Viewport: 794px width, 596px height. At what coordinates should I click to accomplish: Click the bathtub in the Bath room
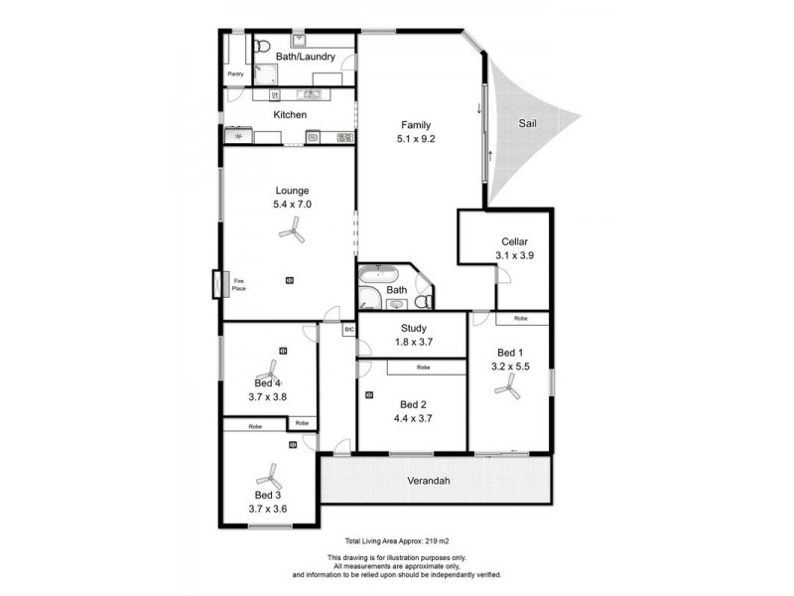tap(378, 274)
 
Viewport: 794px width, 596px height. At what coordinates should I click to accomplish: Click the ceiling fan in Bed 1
tap(509, 392)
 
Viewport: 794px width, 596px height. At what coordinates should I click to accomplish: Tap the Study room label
tap(413, 329)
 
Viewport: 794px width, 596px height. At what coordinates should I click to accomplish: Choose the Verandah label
tap(429, 481)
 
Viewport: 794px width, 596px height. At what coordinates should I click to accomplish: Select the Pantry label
tap(235, 74)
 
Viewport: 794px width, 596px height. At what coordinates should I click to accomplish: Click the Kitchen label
tap(290, 115)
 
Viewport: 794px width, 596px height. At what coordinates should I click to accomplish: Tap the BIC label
tap(348, 329)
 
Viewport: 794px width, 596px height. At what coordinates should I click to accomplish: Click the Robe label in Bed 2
tap(423, 368)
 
